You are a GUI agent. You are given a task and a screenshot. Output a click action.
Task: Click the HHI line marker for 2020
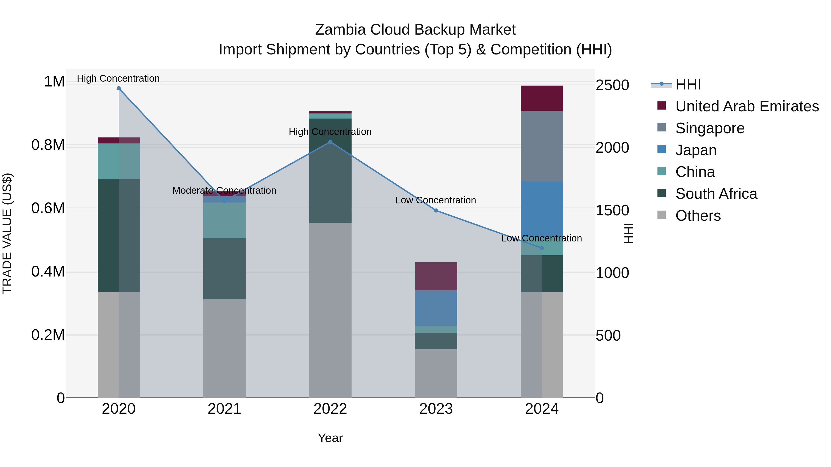(119, 88)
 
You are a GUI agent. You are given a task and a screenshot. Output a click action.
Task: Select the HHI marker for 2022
(330, 142)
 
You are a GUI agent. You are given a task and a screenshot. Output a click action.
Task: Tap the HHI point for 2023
(436, 211)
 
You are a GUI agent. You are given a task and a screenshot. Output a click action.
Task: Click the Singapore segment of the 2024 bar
(542, 146)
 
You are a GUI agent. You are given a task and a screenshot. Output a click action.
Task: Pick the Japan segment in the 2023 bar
(436, 308)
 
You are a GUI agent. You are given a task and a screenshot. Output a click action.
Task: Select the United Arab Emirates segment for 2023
(436, 276)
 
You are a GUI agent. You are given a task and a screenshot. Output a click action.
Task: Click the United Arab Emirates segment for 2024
(542, 98)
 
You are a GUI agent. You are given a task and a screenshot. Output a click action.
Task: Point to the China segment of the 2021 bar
(224, 220)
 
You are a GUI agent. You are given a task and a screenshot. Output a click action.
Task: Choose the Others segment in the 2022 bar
(330, 310)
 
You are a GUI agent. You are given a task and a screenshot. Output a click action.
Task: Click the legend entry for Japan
(696, 150)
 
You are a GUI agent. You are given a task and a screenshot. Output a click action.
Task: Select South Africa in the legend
(716, 194)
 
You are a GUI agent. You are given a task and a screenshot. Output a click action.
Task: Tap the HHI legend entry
(688, 84)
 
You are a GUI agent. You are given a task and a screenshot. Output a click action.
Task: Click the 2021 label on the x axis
(224, 409)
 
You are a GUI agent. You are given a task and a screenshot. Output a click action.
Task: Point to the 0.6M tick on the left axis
(48, 208)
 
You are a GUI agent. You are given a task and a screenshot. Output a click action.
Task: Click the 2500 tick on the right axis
(612, 85)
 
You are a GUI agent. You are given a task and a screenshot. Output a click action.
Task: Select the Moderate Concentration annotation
(224, 190)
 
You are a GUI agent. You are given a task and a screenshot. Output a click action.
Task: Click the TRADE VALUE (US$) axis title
(7, 233)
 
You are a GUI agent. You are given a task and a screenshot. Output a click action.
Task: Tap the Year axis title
(330, 438)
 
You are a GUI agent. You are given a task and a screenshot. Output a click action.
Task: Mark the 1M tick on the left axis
(54, 82)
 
